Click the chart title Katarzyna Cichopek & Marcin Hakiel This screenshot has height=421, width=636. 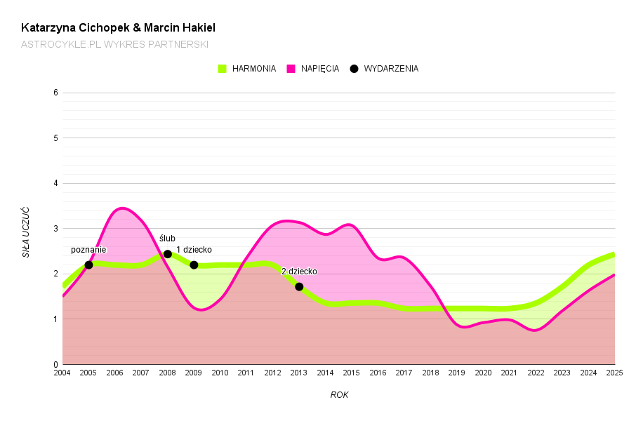(x=118, y=28)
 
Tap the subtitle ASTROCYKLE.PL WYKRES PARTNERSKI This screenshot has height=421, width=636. (x=114, y=44)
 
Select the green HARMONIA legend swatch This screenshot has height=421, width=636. (x=223, y=69)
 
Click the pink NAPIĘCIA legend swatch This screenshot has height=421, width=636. (x=291, y=69)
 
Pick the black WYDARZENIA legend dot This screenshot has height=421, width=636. (x=354, y=69)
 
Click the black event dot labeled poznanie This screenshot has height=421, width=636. (x=88, y=265)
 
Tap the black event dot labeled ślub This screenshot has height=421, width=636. (x=168, y=254)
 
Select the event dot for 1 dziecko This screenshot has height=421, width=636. (x=194, y=265)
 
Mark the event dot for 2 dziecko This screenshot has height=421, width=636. (x=299, y=286)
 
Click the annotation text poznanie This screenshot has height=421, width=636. (x=88, y=250)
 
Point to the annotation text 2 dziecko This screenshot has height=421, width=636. (x=299, y=272)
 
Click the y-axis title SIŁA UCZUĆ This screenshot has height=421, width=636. (x=26, y=232)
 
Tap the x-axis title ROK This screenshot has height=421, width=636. (x=339, y=395)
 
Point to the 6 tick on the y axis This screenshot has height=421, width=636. (x=55, y=93)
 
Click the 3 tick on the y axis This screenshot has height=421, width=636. (x=55, y=229)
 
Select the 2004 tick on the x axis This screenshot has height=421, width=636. (x=62, y=373)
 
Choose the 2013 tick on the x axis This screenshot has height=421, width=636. (x=299, y=373)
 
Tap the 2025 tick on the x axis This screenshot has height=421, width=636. (x=615, y=373)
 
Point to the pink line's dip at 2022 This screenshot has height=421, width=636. (x=536, y=330)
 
